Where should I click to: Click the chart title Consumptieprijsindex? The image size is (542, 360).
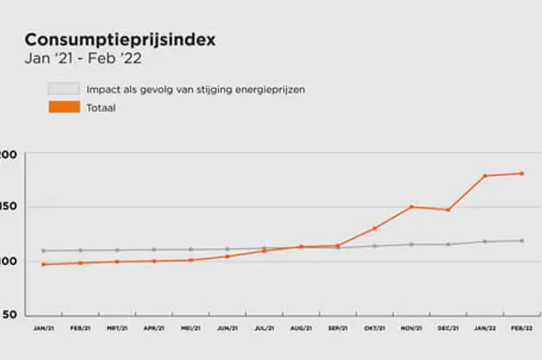(x=120, y=40)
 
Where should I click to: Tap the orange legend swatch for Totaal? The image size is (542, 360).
(x=64, y=108)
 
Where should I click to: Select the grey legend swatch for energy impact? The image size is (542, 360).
(x=64, y=90)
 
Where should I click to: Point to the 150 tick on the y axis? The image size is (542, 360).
(x=8, y=208)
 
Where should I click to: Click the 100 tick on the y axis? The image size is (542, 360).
(x=8, y=261)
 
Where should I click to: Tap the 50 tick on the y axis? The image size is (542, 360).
(x=8, y=314)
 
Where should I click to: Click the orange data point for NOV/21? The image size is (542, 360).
(x=411, y=207)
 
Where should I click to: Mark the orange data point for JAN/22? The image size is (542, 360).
(x=485, y=176)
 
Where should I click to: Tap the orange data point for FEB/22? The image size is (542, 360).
(x=522, y=173)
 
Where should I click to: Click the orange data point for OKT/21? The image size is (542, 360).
(x=374, y=229)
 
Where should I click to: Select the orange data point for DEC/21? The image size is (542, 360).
(x=448, y=209)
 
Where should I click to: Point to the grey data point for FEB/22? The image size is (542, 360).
(x=522, y=240)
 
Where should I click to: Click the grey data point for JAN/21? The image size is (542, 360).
(x=43, y=251)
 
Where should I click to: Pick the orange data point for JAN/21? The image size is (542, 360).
(x=43, y=264)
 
